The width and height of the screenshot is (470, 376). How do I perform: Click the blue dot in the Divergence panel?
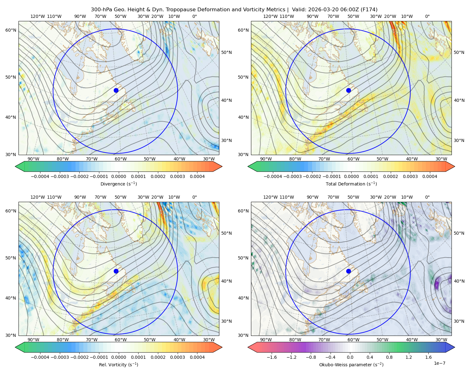click(x=116, y=90)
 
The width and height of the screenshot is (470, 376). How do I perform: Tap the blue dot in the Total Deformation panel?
click(x=348, y=90)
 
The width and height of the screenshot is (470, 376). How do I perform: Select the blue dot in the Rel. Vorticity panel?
click(x=116, y=271)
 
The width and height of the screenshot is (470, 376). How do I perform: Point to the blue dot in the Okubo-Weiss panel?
click(x=348, y=271)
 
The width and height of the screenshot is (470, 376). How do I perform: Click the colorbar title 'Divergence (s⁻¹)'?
click(x=118, y=184)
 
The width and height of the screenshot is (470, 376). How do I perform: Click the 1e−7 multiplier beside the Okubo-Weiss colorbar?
click(x=439, y=363)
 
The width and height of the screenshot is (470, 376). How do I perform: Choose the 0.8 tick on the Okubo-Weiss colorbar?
click(x=389, y=357)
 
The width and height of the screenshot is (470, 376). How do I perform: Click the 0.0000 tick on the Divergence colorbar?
click(x=118, y=176)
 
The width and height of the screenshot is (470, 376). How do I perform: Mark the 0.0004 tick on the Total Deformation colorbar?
click(x=430, y=176)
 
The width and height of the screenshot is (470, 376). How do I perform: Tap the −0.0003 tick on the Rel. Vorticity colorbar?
click(x=60, y=357)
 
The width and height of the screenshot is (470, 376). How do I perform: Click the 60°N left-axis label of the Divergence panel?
click(x=11, y=30)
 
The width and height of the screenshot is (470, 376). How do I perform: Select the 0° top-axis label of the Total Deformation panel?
click(x=427, y=16)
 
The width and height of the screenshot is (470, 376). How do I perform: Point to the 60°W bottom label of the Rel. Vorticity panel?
click(x=121, y=340)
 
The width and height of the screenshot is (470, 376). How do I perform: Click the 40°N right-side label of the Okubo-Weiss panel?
click(x=459, y=281)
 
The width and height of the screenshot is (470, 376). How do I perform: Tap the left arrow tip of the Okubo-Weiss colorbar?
click(x=248, y=347)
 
